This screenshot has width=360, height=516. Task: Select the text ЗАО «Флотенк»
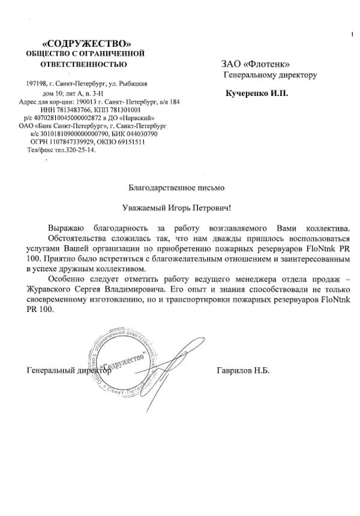pyautogui.click(x=256, y=64)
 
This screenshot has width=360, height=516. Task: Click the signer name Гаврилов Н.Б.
pyautogui.click(x=242, y=370)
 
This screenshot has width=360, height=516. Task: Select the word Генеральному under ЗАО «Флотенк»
pyautogui.click(x=253, y=76)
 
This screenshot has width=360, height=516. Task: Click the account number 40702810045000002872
pyautogui.click(x=63, y=118)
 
